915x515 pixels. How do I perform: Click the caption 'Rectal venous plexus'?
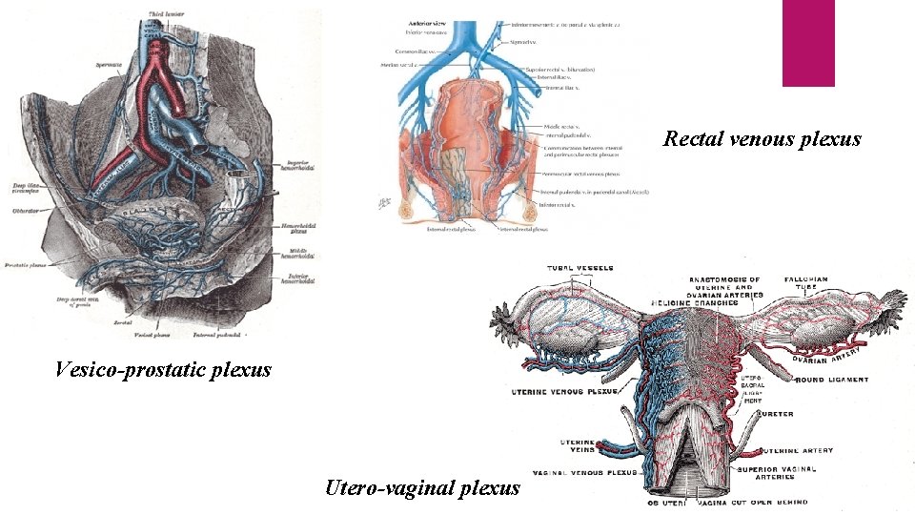(762, 139)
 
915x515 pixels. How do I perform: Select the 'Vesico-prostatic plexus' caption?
(163, 369)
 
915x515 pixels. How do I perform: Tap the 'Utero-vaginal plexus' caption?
(422, 488)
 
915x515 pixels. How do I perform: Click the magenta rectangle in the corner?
(808, 43)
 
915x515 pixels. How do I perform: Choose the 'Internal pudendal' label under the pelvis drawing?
(216, 335)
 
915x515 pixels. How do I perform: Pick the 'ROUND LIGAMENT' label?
(833, 380)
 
